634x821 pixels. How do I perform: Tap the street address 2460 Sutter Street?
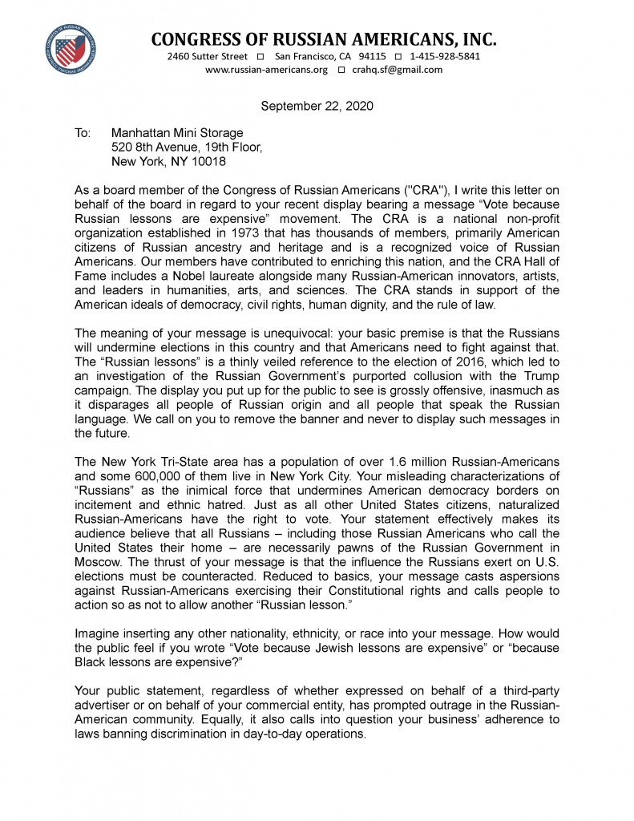coord(208,56)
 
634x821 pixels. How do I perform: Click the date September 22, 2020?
coord(317,106)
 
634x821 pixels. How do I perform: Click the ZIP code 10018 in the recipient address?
coord(210,161)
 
